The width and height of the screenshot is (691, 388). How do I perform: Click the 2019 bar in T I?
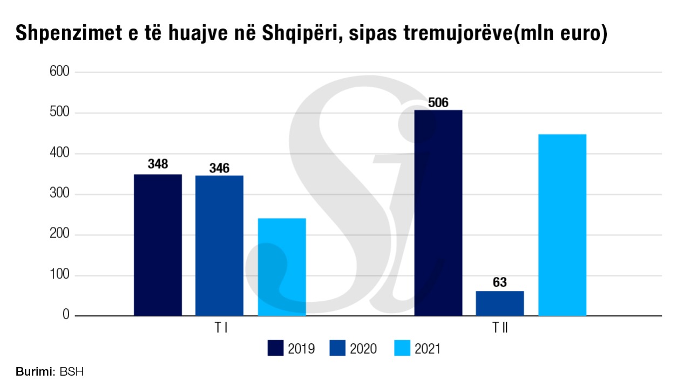tap(158, 245)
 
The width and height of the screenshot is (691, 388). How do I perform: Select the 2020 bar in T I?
tap(219, 245)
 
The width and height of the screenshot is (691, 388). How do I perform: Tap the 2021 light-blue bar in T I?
tap(282, 267)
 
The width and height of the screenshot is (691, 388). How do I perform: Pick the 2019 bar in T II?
tap(438, 213)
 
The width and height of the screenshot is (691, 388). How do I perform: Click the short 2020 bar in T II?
tap(500, 303)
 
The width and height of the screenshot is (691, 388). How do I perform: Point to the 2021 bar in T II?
tap(563, 225)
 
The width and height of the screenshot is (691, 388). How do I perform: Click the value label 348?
tap(158, 164)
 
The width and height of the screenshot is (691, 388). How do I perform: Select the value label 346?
tap(219, 168)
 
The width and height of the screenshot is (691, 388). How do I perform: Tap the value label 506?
tap(438, 102)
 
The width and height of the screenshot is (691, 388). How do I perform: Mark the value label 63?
tap(500, 282)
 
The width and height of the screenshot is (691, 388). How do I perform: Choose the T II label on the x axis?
tap(500, 328)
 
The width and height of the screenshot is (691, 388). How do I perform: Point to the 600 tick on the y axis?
tap(60, 72)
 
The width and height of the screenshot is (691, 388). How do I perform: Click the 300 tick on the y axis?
tap(60, 194)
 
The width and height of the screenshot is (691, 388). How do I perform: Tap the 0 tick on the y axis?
tap(66, 315)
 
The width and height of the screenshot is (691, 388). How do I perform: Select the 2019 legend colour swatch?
tap(275, 348)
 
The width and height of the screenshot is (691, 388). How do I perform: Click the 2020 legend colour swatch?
tap(337, 348)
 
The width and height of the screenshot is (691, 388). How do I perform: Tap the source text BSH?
tap(72, 372)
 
